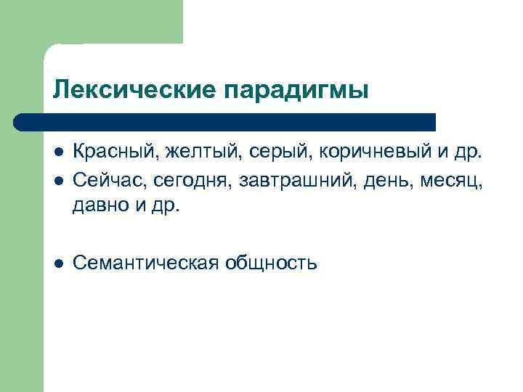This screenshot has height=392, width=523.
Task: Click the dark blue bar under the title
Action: point(225,122)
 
